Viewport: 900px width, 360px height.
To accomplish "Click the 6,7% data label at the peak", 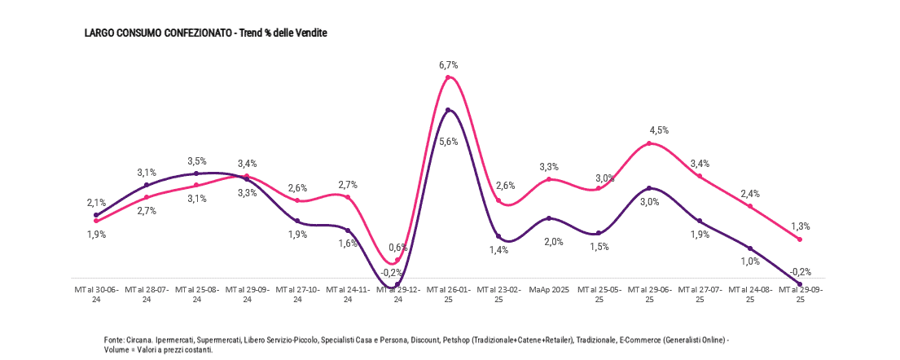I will point(449,64).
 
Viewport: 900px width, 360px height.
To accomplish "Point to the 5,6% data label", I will point(449,141).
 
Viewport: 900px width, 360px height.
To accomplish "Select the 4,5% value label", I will point(659,130).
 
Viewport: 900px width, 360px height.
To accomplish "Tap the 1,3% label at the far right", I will point(800,226).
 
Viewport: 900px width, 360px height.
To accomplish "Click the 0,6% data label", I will point(398,247).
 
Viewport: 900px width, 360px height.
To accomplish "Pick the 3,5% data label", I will point(196,161).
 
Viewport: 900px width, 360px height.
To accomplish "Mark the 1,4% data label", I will point(499,250).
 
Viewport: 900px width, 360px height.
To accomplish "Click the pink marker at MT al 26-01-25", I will point(449,77).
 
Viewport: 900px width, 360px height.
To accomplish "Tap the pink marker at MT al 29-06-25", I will point(649,143).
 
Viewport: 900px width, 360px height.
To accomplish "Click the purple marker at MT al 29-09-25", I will point(800,283).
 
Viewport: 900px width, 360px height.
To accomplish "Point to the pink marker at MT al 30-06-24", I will point(96,221).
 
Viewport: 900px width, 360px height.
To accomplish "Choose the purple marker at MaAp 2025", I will point(549,218).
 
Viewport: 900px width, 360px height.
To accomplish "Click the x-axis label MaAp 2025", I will point(549,289).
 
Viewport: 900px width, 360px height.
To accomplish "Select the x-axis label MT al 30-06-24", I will point(96,294).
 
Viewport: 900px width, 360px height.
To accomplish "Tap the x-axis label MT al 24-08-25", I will point(749,294).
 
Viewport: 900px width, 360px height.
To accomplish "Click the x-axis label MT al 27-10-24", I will point(297,294).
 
